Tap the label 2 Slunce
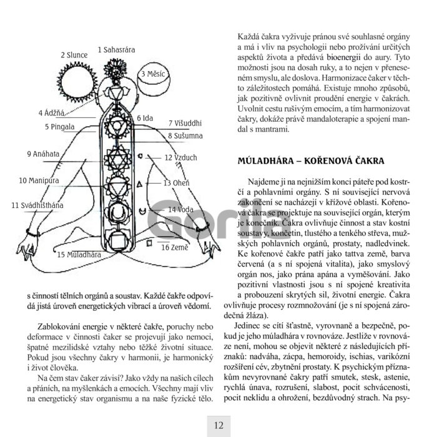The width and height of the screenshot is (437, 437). click(74, 55)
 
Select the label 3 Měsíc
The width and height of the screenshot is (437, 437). click(153, 74)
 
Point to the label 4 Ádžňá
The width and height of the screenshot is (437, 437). click(51, 113)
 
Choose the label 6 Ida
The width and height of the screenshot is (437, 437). click(145, 117)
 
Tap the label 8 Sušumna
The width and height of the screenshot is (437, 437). click(185, 135)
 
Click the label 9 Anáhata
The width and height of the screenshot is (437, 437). click(43, 154)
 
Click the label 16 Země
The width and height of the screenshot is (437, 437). click(175, 247)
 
